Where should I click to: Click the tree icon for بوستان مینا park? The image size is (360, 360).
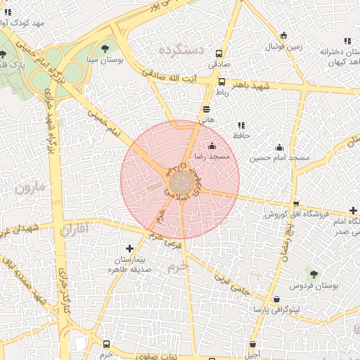[105, 49]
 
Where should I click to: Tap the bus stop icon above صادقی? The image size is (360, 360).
[219, 53]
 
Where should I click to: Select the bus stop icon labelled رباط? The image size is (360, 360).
[222, 82]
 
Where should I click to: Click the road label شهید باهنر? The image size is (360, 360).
[252, 85]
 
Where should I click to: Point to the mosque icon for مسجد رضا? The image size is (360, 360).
[212, 146]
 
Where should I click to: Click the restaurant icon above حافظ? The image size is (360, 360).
[242, 124]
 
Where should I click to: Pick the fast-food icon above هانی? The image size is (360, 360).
[206, 109]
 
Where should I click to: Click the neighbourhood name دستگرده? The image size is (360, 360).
[181, 50]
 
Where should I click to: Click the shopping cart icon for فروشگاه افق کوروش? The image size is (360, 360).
[295, 204]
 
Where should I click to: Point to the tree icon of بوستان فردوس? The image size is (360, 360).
[314, 274]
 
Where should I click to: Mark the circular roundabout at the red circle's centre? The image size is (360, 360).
[181, 182]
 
